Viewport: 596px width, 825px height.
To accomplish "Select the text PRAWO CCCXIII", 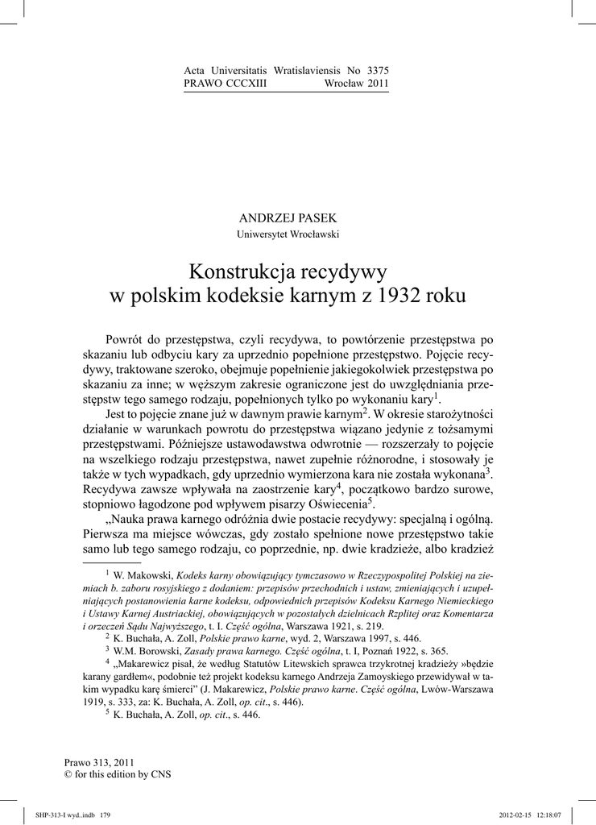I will click(226, 83).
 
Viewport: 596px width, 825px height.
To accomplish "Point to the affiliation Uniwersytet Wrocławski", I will click(288, 234).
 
